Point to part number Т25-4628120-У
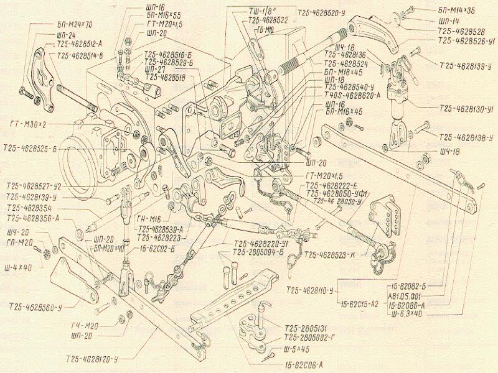101,359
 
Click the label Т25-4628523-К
329,254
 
